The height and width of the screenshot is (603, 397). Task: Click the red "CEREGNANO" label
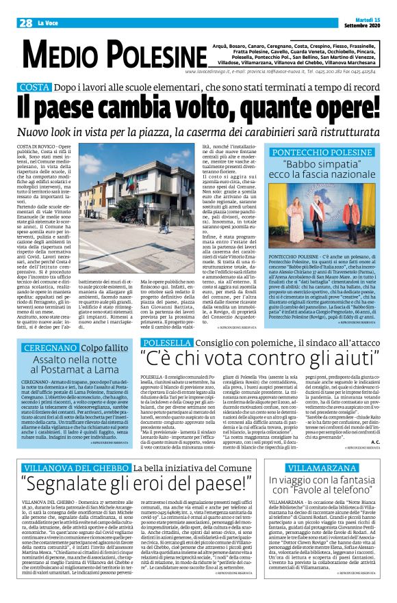[45, 347]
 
